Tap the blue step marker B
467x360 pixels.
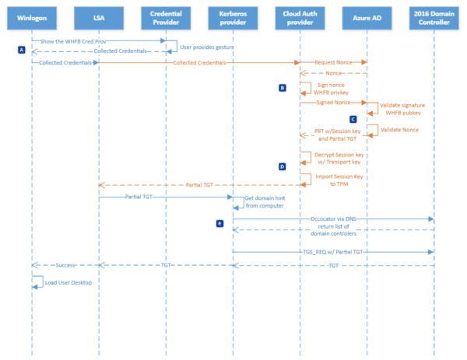click(x=283, y=88)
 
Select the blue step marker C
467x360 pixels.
click(x=353, y=119)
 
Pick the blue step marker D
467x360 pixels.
click(x=283, y=166)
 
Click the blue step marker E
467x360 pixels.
click(x=220, y=223)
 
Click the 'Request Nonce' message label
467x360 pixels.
click(x=333, y=61)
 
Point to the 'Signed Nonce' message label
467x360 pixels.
click(x=332, y=102)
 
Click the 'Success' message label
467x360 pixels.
click(x=65, y=265)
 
